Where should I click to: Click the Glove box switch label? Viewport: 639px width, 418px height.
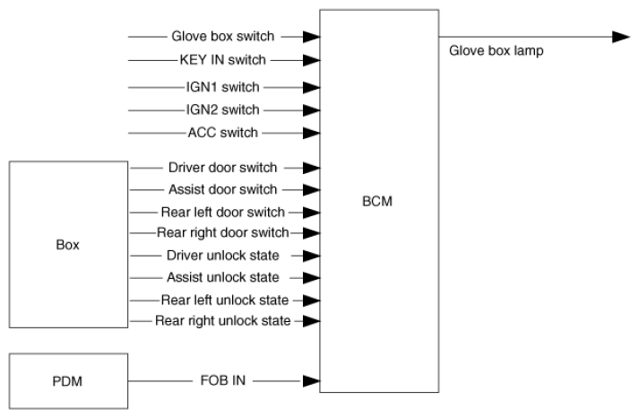(222, 37)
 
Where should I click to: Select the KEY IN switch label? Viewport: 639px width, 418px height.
(223, 61)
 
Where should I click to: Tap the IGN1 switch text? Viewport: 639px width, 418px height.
(223, 88)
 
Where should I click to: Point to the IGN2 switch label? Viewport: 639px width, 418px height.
(223, 110)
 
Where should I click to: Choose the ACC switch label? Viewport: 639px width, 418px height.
(223, 133)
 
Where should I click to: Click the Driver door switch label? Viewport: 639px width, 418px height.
(222, 167)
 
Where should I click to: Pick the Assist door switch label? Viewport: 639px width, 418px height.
(222, 189)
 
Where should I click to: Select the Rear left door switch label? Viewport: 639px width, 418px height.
(221, 213)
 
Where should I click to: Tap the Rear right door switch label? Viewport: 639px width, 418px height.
(222, 233)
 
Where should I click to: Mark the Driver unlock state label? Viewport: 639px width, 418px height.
(222, 256)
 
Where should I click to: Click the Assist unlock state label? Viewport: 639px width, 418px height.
(222, 277)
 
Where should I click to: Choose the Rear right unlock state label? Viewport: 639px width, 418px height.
(222, 320)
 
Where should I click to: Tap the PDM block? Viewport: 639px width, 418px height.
(68, 381)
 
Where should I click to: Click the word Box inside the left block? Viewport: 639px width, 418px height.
(68, 244)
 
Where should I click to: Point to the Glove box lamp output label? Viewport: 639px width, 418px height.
(496, 51)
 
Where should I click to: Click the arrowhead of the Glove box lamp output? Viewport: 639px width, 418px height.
(621, 37)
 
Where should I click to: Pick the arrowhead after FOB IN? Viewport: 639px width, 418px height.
(311, 380)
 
